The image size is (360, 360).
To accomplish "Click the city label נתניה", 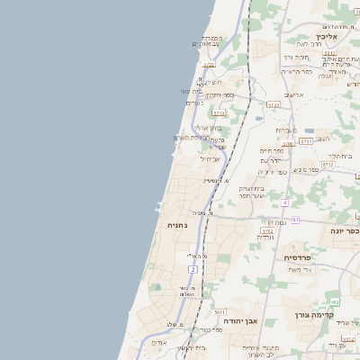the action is coord(178,225).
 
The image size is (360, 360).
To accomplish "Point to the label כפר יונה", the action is coord(339,231).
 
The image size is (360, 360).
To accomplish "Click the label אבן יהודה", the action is coord(241,320).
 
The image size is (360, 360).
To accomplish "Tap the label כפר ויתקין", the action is coord(220,94).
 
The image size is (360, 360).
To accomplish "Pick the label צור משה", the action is coord(300,269).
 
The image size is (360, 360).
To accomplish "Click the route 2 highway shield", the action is coord(193,269).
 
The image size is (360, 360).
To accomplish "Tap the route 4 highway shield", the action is coord(284,202).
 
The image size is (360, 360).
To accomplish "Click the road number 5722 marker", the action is coord(209,65).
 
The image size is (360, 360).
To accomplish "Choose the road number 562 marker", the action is coord(335,301).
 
